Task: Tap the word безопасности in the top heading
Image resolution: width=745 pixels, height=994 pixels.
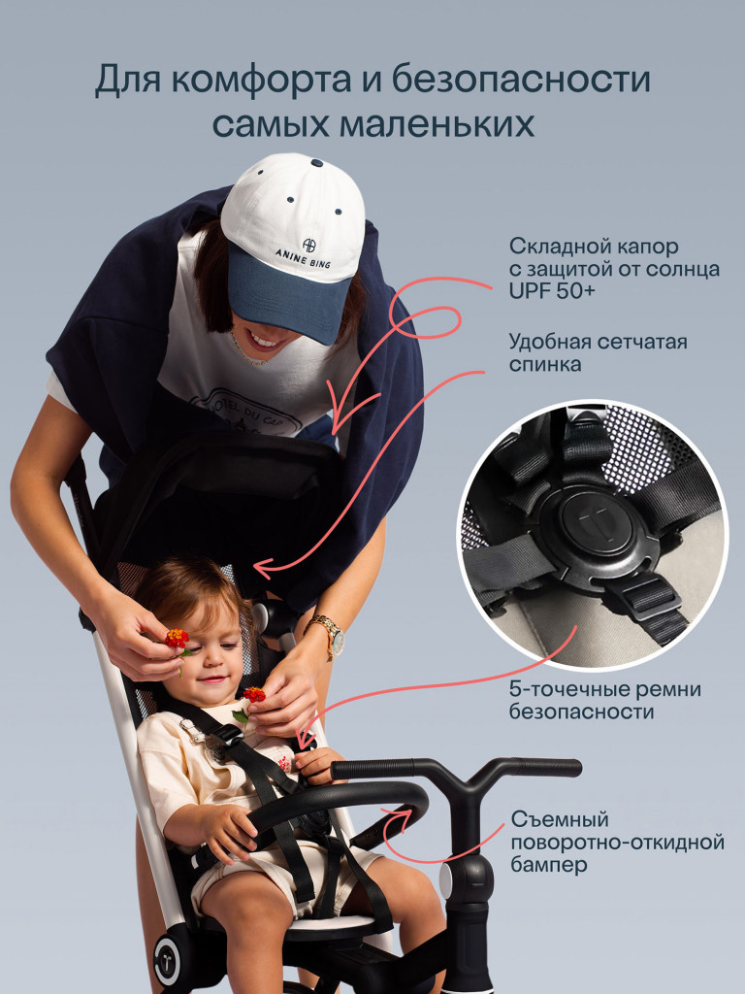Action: tap(520, 80)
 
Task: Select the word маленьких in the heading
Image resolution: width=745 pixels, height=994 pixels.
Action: tap(437, 124)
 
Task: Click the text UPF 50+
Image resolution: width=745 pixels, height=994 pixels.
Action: tap(552, 291)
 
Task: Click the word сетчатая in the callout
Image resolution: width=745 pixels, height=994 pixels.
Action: tap(642, 342)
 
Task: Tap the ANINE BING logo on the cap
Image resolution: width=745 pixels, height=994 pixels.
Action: tap(304, 253)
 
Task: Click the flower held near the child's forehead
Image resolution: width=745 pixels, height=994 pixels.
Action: tap(178, 639)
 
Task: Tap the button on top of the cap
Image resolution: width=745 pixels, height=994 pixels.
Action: tap(317, 163)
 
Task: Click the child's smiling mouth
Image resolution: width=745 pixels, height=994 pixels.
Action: tap(214, 679)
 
